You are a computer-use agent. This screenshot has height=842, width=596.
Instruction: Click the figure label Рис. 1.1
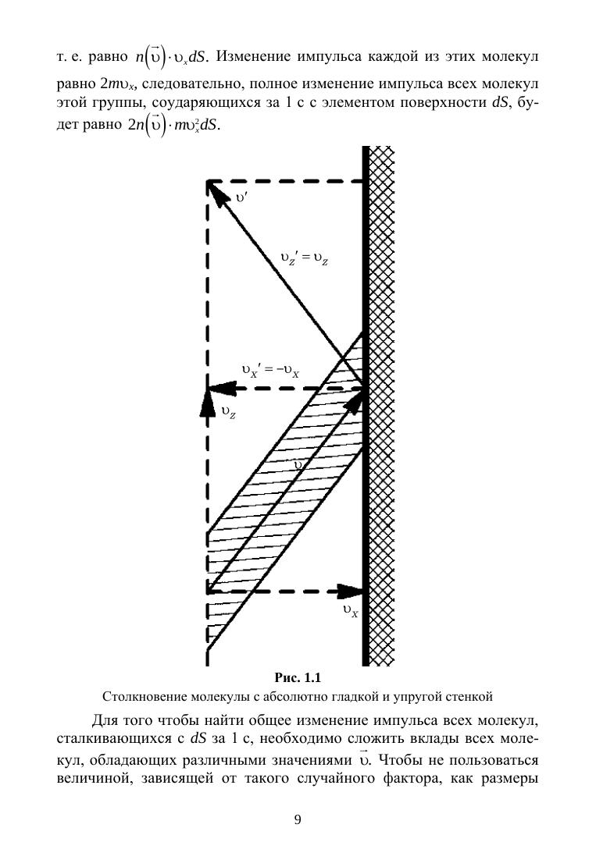298,677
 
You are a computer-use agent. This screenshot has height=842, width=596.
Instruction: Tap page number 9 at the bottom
298,819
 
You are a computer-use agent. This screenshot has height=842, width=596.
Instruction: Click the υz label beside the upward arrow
228,414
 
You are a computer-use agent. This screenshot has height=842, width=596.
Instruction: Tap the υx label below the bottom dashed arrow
351,613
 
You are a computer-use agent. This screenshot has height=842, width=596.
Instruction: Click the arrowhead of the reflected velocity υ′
212,187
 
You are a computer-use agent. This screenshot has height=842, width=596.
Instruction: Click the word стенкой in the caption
470,695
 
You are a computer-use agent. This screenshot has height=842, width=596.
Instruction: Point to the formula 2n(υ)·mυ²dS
172,127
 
